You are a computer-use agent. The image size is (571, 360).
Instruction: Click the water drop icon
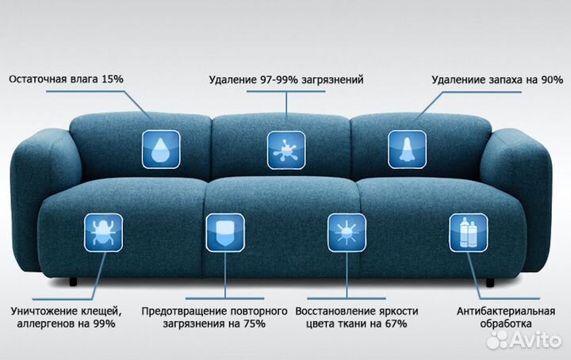pyautogui.click(x=161, y=149)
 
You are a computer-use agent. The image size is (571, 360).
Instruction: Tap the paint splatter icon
pyautogui.click(x=286, y=150)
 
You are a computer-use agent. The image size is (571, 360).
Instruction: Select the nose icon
pyautogui.click(x=407, y=149)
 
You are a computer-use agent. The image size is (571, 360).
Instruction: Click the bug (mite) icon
pyautogui.click(x=103, y=232)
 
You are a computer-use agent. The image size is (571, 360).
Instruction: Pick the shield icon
pyautogui.click(x=225, y=232)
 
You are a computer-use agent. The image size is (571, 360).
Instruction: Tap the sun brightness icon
pyautogui.click(x=347, y=233)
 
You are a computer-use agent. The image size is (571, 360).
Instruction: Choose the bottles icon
pyautogui.click(x=469, y=233)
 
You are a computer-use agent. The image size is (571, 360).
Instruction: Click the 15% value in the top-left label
pyautogui.click(x=113, y=79)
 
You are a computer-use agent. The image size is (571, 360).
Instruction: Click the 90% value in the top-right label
pyautogui.click(x=552, y=80)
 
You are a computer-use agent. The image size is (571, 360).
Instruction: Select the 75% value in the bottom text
pyautogui.click(x=255, y=324)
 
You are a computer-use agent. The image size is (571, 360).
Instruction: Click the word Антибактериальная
pyautogui.click(x=506, y=312)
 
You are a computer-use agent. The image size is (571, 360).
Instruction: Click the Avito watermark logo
pyautogui.click(x=524, y=340)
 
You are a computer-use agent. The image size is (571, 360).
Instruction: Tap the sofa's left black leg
pyautogui.click(x=74, y=281)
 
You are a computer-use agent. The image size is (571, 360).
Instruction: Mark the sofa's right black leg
pyautogui.click(x=490, y=282)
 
